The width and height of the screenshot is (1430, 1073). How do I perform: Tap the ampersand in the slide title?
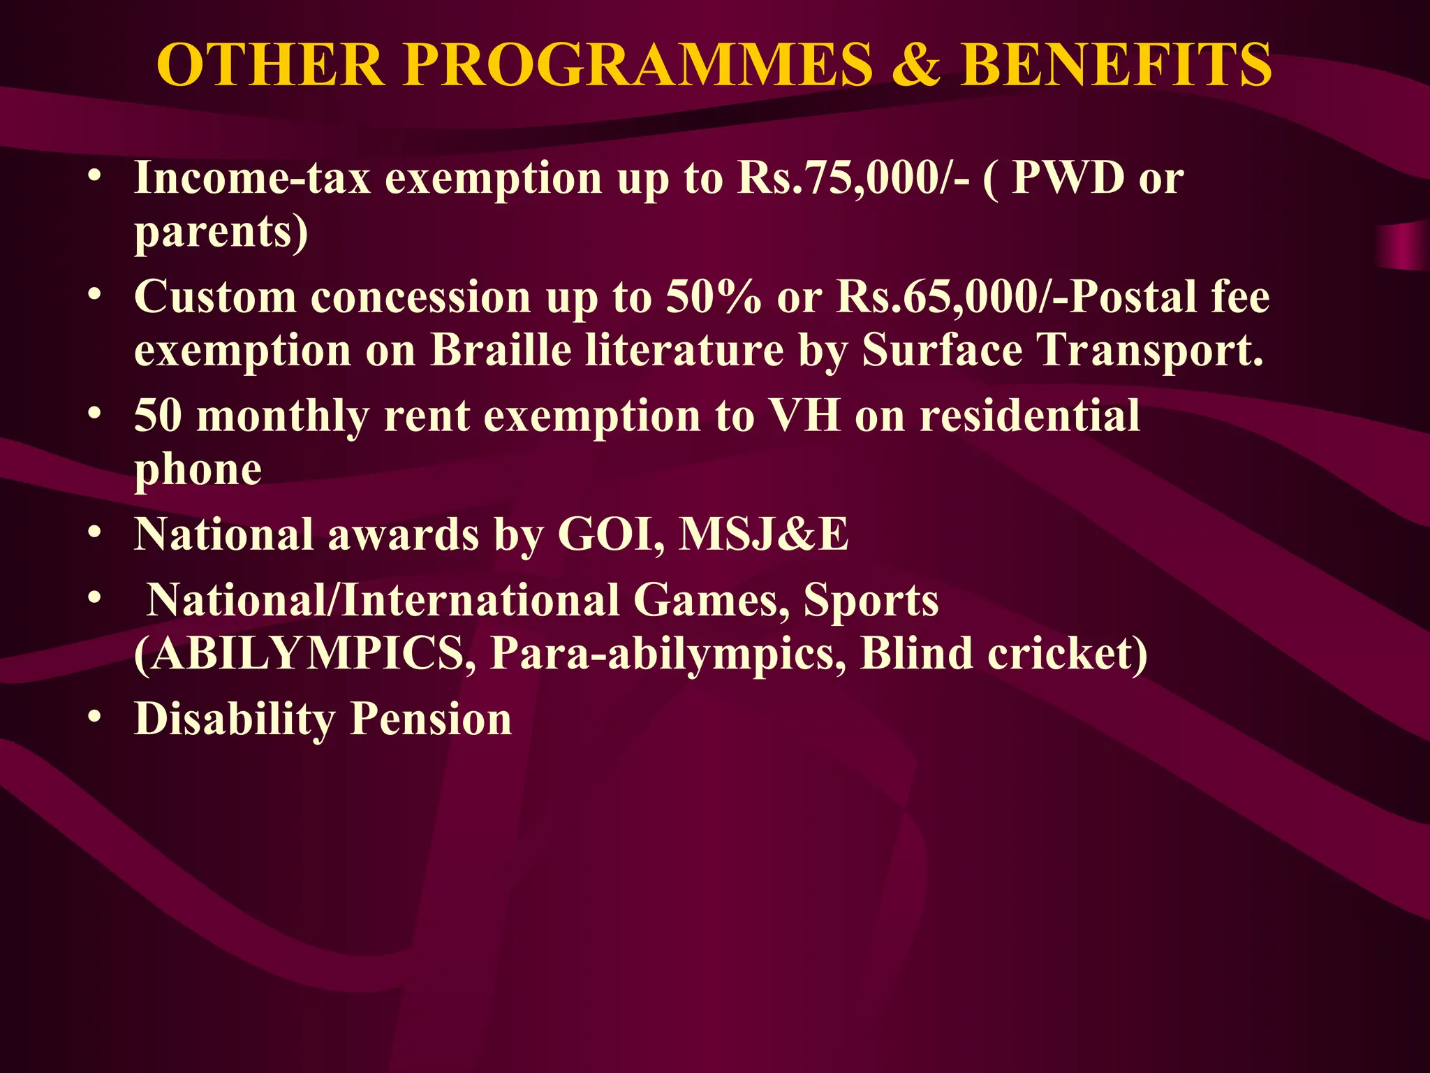[x=916, y=65]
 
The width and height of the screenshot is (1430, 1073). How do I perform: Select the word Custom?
[x=215, y=296]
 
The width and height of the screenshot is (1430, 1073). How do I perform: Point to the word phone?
[x=198, y=469]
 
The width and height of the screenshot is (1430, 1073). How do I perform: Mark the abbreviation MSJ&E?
[x=764, y=534]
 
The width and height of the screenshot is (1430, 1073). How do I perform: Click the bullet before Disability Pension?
[x=96, y=717]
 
